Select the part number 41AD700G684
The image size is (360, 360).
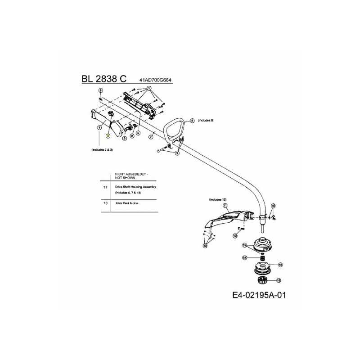tap(156, 81)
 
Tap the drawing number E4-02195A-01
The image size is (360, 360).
tap(259, 296)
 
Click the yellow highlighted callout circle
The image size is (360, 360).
tap(108, 135)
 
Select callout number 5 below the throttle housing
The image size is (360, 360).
tap(138, 133)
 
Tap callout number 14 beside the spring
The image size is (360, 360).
tap(245, 258)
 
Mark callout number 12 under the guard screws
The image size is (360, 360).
tap(206, 246)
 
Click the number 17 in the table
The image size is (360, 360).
tap(105, 186)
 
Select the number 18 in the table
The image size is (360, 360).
tap(105, 203)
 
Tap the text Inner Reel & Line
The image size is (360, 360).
tap(126, 203)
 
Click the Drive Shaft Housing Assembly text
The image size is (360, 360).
tap(135, 186)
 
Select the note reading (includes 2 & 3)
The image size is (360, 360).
tap(102, 149)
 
